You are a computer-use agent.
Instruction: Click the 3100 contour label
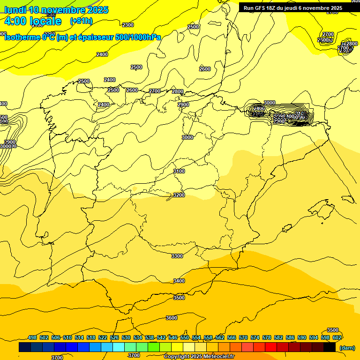click(x=179, y=171)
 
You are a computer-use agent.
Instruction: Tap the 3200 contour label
click(x=179, y=195)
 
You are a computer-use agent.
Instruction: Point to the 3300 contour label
click(x=177, y=256)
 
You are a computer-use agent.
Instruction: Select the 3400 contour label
click(x=179, y=281)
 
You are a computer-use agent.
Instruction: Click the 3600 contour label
click(x=172, y=318)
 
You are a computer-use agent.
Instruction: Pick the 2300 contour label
click(x=128, y=25)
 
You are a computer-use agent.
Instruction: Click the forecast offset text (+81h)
click(x=82, y=21)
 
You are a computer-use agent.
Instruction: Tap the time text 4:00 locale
click(x=33, y=21)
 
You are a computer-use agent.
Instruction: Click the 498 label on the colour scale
click(x=32, y=337)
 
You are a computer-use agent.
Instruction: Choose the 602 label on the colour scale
click(x=337, y=337)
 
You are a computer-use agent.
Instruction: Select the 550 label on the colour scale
click(x=184, y=337)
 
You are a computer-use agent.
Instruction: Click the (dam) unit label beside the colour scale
click(x=347, y=348)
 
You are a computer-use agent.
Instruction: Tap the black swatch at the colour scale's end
click(x=330, y=347)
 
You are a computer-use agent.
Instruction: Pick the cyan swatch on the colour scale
click(x=119, y=347)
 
